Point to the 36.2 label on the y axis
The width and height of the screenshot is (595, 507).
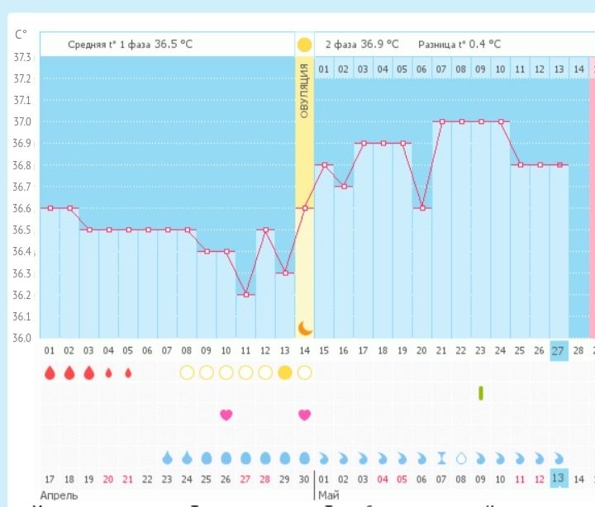[x=22, y=295]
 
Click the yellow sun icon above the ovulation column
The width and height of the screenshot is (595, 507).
[x=304, y=45]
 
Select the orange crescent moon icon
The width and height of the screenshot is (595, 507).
[x=305, y=328]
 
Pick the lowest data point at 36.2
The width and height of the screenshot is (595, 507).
[x=245, y=294]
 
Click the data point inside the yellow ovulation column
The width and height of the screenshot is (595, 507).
[x=305, y=208]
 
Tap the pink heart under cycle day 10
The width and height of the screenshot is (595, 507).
[x=226, y=415]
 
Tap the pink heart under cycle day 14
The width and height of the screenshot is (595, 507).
[x=305, y=415]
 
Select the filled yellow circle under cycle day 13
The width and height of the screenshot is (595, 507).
[x=285, y=372]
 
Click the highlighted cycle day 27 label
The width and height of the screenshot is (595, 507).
[x=559, y=350]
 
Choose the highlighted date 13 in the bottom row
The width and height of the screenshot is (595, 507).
[x=559, y=479]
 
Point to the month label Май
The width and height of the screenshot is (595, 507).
[x=327, y=495]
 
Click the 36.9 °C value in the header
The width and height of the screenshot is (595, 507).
[x=380, y=44]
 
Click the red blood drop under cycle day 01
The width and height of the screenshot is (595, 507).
[x=50, y=372]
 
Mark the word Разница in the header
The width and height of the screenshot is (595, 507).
[x=438, y=45]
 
